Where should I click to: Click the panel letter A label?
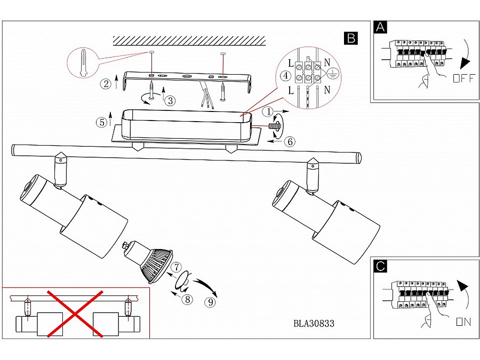(x=380, y=28)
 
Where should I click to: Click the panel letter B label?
(x=351, y=38)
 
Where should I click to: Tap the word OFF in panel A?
(x=462, y=79)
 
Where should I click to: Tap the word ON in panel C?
(x=463, y=322)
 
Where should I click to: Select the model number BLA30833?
(x=314, y=323)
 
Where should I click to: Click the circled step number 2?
(x=106, y=83)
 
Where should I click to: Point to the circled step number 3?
(x=170, y=100)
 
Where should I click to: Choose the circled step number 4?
(x=286, y=75)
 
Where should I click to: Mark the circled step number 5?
(x=101, y=122)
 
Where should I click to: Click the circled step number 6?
(x=289, y=142)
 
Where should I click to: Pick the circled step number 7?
(x=177, y=267)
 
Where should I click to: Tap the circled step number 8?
(x=187, y=299)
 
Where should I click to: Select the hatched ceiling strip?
(x=189, y=41)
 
